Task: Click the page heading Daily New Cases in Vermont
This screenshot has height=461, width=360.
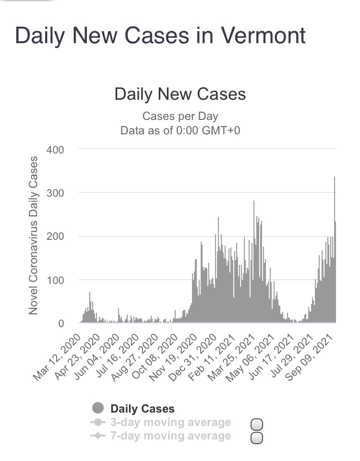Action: [x=160, y=36]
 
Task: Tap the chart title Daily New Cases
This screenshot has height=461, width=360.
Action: [x=180, y=94]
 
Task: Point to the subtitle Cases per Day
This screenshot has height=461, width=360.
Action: [x=180, y=116]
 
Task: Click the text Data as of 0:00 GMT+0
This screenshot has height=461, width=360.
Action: [x=180, y=130]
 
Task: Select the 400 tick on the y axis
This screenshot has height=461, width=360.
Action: [x=55, y=150]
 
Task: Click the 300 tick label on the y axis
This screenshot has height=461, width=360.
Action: [x=55, y=193]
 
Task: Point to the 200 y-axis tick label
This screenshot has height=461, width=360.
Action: [x=55, y=236]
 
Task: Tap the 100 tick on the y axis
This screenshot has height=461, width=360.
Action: [x=55, y=280]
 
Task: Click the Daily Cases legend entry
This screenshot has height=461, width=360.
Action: [x=143, y=409]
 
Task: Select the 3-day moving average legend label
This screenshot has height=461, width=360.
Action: [x=170, y=423]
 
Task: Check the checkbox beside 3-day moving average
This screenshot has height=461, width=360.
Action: [x=257, y=424]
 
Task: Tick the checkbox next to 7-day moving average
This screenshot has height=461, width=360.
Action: [x=257, y=437]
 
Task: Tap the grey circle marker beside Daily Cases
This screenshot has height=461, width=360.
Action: [x=98, y=408]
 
